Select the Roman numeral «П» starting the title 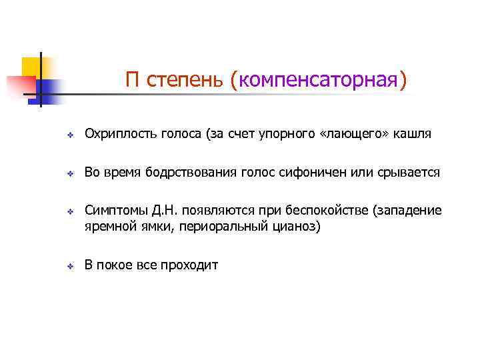132,81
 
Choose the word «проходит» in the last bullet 193,265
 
